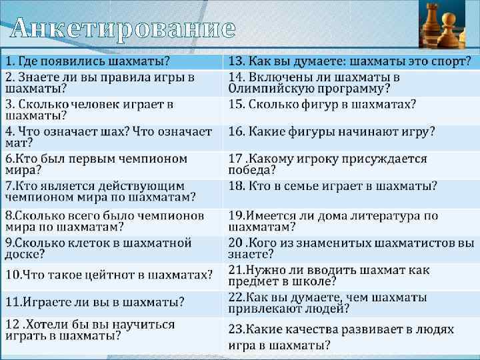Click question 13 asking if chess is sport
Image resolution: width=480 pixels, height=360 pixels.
[x=350, y=62]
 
